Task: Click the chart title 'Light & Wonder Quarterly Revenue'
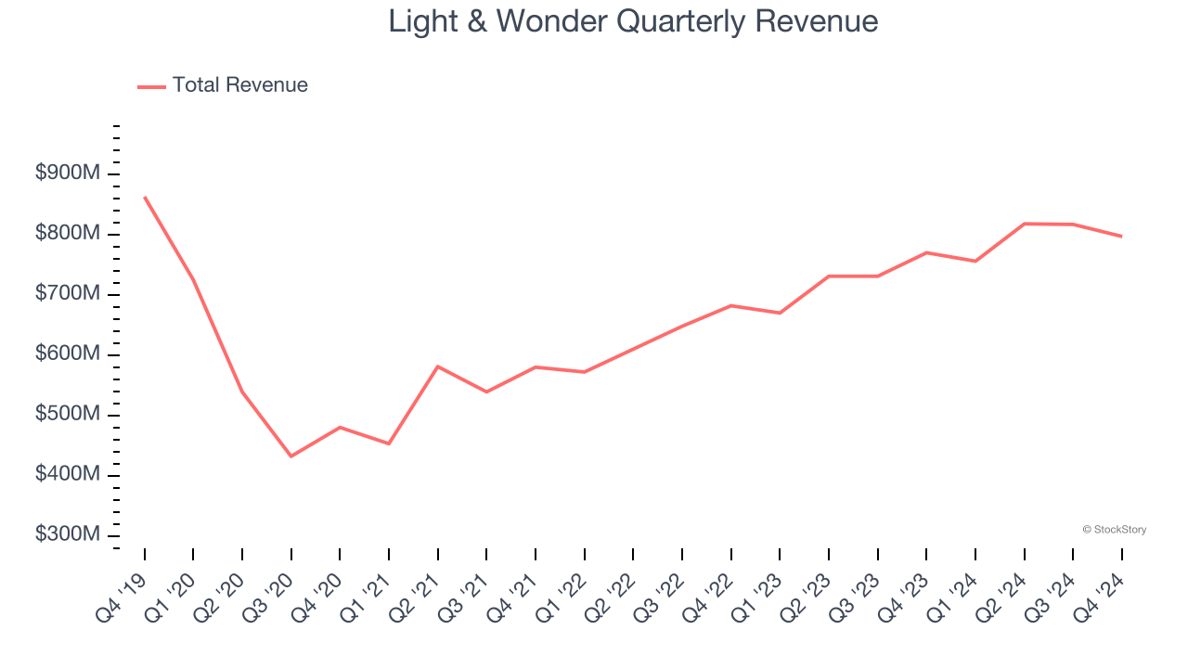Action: point(633,20)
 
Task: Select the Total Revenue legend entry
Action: point(223,85)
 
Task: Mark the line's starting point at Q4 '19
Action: point(145,197)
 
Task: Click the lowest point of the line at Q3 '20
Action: point(291,456)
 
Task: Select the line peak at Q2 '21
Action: point(438,366)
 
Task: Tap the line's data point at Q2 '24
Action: point(1024,224)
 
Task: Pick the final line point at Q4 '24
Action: point(1121,237)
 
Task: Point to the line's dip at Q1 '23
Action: point(780,313)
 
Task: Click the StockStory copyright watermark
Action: point(1114,530)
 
